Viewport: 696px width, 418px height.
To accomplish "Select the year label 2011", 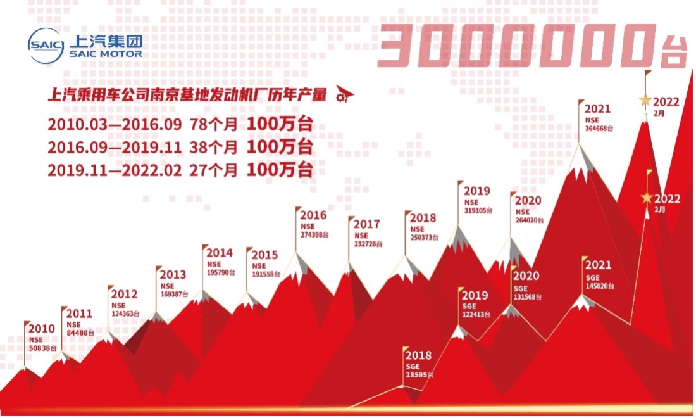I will click(79, 313).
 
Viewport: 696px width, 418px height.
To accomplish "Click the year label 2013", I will click(173, 274).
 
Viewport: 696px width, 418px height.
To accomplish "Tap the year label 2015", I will click(264, 255).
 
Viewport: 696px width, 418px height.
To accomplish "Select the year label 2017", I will click(367, 224).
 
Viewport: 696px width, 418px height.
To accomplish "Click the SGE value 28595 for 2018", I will click(419, 375).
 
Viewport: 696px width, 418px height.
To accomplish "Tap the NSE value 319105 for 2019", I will click(478, 210).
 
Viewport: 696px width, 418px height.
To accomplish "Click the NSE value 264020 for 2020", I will click(529, 220).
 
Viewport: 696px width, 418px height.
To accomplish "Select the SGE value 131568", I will click(528, 296).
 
